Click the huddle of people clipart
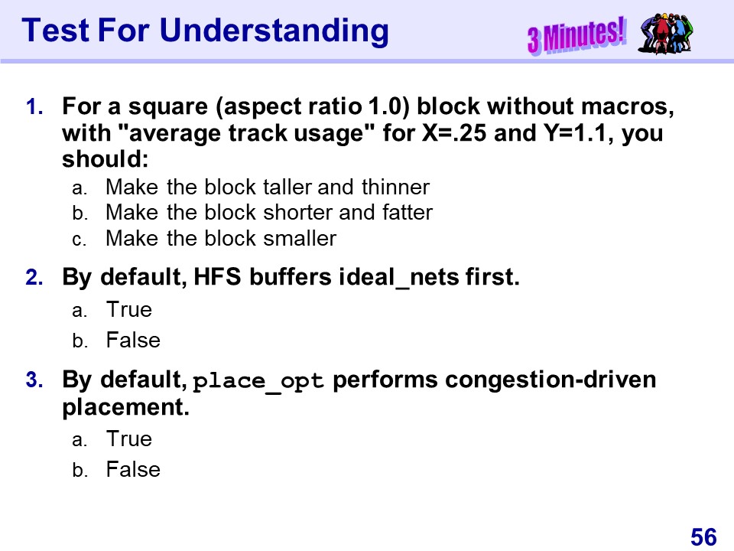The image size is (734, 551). click(664, 33)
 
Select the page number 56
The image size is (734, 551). click(703, 536)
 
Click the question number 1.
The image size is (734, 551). click(34, 107)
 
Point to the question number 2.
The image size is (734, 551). click(34, 277)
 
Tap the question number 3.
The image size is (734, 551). click(34, 380)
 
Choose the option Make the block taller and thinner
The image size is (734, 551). click(268, 187)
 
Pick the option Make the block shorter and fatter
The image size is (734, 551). click(269, 213)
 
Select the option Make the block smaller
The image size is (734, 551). click(221, 239)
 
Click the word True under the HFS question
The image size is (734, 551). click(128, 310)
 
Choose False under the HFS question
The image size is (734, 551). click(133, 340)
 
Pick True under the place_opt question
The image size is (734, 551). click(128, 439)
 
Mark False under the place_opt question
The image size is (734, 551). click(133, 469)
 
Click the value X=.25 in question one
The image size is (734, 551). click(454, 133)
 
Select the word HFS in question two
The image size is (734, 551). click(217, 277)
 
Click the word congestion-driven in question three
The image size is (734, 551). click(550, 380)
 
